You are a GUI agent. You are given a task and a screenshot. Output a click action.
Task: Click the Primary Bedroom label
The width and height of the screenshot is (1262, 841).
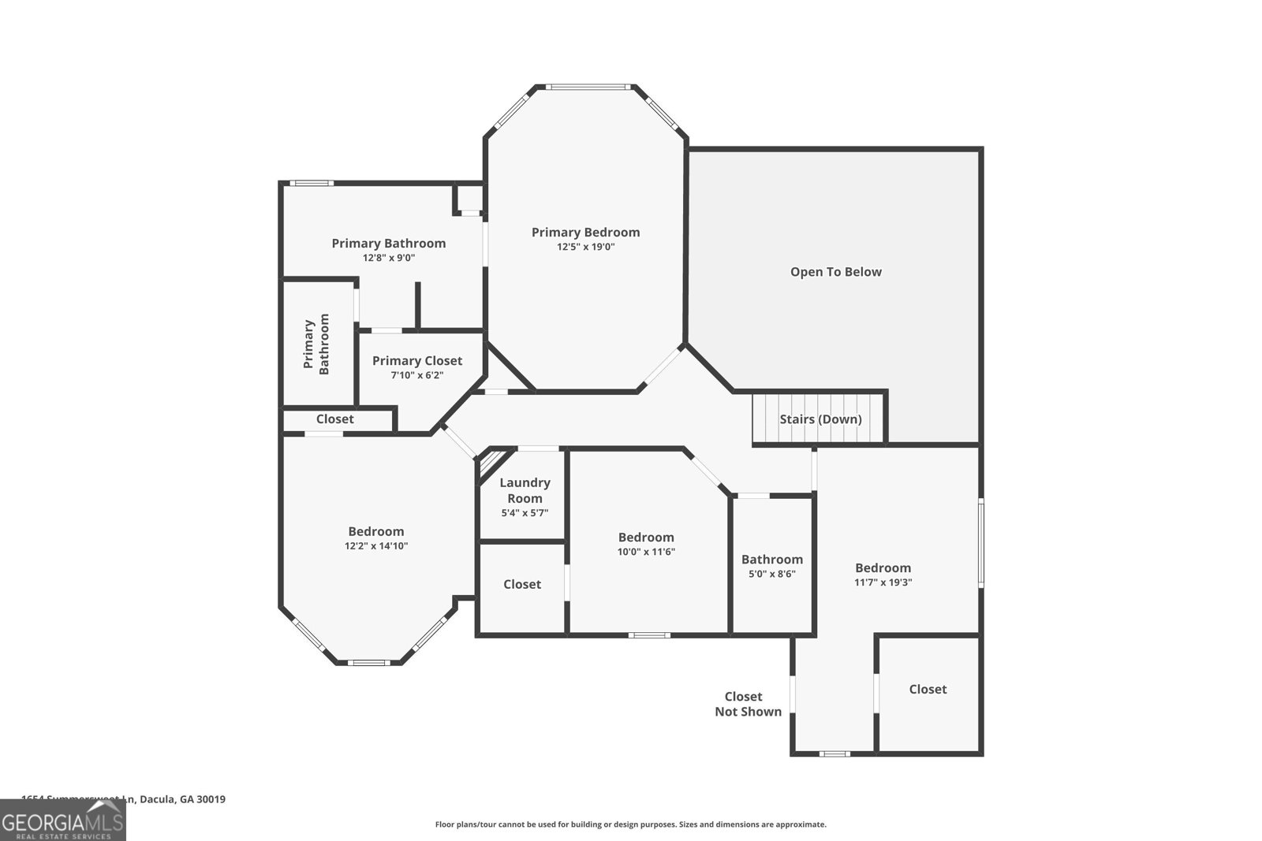click(585, 232)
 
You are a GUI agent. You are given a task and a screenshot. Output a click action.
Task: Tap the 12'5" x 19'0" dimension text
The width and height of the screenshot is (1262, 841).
click(585, 247)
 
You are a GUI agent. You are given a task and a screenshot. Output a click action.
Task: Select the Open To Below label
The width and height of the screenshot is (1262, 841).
click(836, 272)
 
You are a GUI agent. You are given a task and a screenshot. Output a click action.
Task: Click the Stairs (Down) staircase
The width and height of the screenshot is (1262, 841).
click(820, 419)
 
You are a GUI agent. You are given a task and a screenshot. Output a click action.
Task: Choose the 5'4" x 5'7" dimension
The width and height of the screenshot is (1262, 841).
click(525, 513)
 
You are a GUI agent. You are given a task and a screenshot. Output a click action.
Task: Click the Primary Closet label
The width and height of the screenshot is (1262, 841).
click(417, 360)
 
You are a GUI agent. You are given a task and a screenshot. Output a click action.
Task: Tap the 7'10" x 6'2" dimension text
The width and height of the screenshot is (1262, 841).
click(417, 375)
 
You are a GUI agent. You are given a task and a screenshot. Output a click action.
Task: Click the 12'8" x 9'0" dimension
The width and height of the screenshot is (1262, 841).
click(389, 258)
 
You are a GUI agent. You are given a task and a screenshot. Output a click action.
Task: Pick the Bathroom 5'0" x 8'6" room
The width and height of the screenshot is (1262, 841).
click(772, 566)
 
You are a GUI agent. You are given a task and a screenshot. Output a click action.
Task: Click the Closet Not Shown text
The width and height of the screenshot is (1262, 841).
click(747, 704)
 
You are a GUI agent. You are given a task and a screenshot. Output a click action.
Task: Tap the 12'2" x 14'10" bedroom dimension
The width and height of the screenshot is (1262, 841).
click(376, 545)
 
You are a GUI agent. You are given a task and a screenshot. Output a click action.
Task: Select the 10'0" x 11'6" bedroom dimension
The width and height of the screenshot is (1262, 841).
click(646, 552)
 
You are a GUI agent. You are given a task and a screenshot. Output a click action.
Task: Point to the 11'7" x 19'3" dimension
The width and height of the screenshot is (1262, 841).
click(883, 582)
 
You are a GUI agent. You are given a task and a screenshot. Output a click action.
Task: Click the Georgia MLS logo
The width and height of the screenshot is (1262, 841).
click(62, 823)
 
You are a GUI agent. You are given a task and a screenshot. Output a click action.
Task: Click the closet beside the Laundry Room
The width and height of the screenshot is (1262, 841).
click(522, 585)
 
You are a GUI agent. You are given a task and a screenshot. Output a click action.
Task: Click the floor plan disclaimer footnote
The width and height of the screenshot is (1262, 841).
click(630, 824)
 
